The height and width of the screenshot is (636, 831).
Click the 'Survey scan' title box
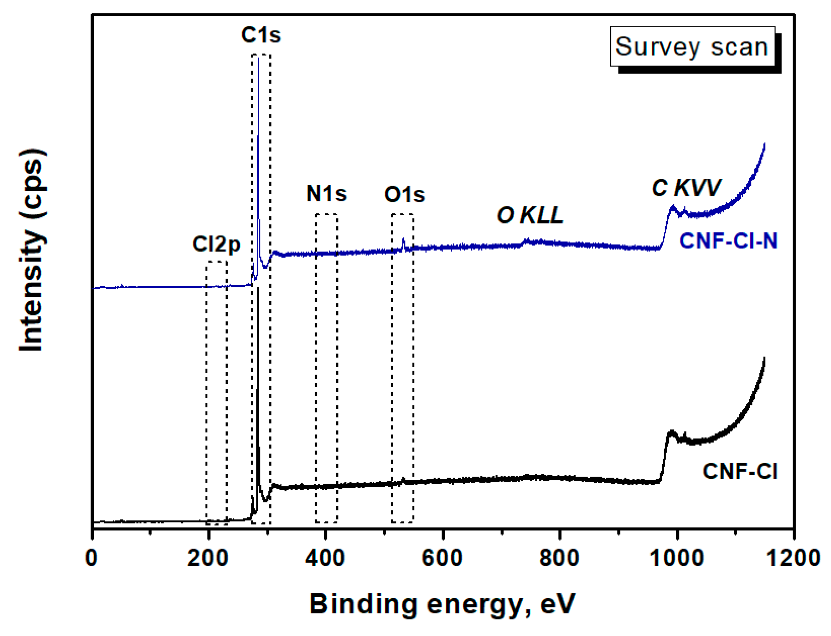(691, 47)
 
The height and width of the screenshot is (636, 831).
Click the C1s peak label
(261, 35)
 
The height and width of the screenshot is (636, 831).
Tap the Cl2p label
(216, 244)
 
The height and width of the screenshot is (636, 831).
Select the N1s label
(326, 194)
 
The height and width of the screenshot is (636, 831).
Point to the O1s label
(404, 194)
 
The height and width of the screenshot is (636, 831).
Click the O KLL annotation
(530, 215)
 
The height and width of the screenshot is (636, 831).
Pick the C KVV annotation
(686, 188)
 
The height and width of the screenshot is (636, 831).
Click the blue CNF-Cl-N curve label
(728, 241)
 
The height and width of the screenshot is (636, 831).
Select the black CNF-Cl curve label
(740, 472)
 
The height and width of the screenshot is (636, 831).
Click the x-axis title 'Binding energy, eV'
(442, 604)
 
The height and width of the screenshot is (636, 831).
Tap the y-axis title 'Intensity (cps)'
(32, 250)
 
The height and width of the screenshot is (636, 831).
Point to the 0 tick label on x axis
(91, 557)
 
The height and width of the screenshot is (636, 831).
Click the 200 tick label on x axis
(207, 557)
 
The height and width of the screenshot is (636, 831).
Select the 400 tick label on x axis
(325, 557)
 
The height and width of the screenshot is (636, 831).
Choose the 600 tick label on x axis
(442, 557)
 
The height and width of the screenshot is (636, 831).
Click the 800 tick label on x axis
(559, 557)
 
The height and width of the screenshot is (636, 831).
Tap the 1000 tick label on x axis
(677, 557)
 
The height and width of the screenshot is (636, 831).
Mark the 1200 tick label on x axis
(793, 557)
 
